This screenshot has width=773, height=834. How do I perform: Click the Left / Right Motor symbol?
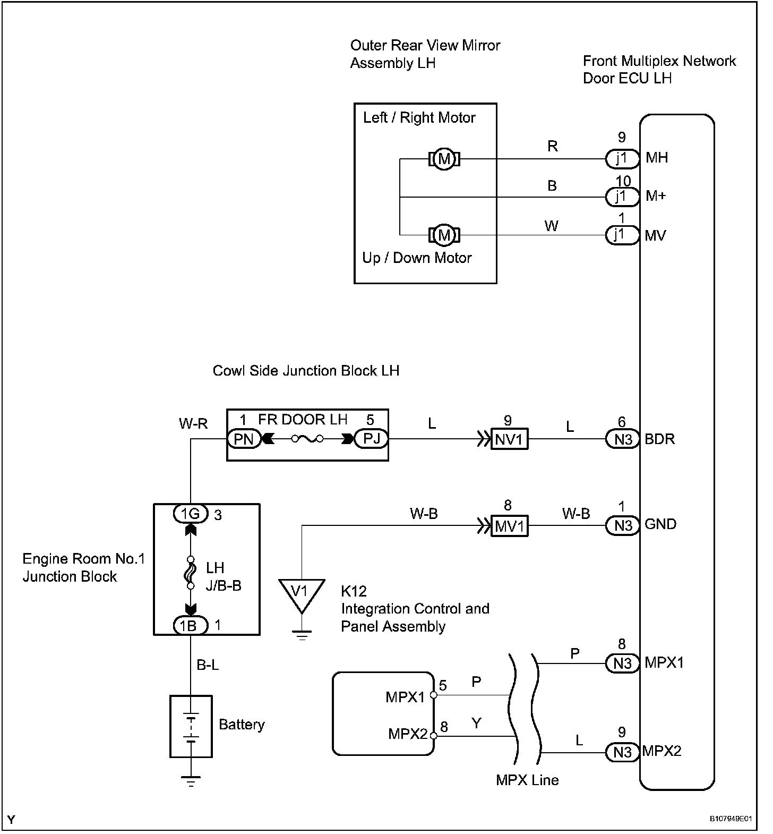(444, 159)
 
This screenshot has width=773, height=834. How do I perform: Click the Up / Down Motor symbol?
(444, 235)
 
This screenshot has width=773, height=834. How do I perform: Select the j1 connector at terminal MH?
(622, 158)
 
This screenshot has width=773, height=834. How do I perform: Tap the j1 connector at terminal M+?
(622, 197)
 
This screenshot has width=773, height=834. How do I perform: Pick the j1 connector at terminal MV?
(622, 235)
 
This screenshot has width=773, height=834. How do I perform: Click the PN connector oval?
(244, 439)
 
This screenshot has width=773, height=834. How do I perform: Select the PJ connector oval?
(372, 439)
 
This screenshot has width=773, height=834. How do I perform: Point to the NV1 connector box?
(509, 440)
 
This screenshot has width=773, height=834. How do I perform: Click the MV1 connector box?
(509, 526)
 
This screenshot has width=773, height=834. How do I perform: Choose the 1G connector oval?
(191, 514)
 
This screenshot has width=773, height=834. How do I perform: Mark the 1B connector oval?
(191, 626)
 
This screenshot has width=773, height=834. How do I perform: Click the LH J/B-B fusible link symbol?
(191, 573)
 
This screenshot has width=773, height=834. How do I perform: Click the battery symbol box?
(191, 726)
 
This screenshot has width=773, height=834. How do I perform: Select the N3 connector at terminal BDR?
(622, 439)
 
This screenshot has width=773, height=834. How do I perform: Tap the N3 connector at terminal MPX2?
(622, 752)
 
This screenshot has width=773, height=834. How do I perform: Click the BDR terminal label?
(659, 439)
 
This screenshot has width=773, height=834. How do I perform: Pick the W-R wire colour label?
(193, 423)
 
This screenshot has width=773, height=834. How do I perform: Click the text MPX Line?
(527, 780)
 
